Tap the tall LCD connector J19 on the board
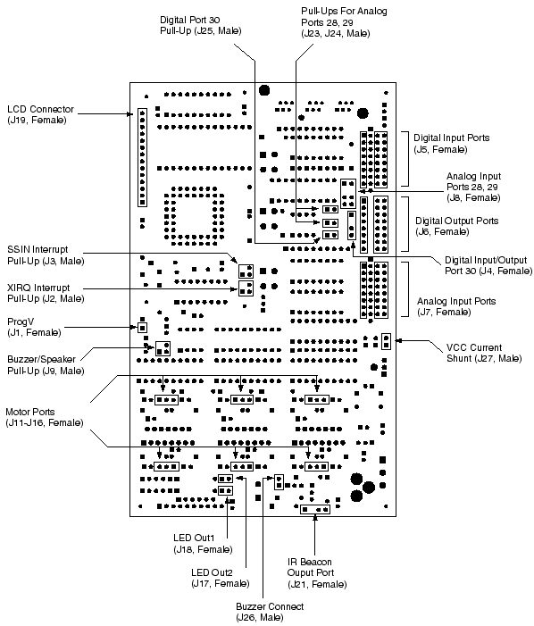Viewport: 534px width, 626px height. (x=142, y=157)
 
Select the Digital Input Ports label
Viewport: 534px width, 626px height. (x=451, y=143)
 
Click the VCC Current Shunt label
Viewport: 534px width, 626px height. (x=484, y=353)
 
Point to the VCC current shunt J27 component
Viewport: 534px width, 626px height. (x=386, y=341)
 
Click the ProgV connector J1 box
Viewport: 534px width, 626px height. (x=142, y=328)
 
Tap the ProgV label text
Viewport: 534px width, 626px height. (x=34, y=327)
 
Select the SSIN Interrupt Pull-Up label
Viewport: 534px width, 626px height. (x=46, y=255)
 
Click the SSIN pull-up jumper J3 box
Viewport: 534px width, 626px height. (x=246, y=271)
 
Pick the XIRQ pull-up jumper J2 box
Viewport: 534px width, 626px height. (x=246, y=288)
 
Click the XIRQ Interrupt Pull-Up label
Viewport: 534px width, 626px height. (x=46, y=293)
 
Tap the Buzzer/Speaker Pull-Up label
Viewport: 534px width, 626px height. (x=46, y=365)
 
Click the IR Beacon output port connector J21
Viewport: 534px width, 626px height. (x=315, y=509)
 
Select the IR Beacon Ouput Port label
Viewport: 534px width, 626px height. (x=317, y=573)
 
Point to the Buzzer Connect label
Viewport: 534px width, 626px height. (x=270, y=612)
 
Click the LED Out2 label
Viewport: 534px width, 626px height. (x=221, y=578)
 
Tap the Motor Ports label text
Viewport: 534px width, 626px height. (x=45, y=417)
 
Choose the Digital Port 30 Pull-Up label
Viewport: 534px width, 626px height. (x=201, y=25)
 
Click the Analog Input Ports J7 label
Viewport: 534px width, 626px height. (x=456, y=306)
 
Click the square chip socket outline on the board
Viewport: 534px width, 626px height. (x=194, y=216)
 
